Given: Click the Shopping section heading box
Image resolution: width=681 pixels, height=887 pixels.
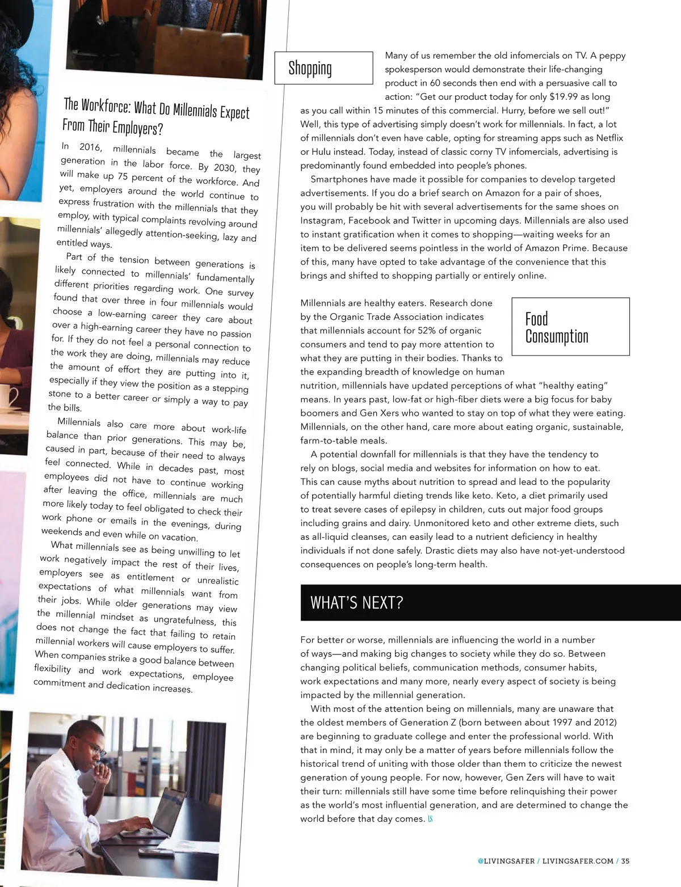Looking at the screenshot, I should pos(323,68).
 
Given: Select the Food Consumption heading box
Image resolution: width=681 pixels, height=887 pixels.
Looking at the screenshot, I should pos(570,327).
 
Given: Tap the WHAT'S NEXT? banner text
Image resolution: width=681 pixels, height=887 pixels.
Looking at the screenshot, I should pos(356,602).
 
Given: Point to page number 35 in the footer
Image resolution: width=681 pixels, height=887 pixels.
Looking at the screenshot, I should pos(625,861).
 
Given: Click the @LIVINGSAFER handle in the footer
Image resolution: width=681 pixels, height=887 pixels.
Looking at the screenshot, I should pos(506,861).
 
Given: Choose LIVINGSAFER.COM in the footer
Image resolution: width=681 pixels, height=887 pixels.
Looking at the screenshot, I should pos(578,861).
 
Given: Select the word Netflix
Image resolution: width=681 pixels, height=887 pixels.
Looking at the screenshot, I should pos(609,138).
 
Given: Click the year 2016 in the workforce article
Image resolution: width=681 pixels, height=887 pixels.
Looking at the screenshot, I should pos(90,147).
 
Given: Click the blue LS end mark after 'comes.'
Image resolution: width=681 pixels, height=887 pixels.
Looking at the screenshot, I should pos(430,819).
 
